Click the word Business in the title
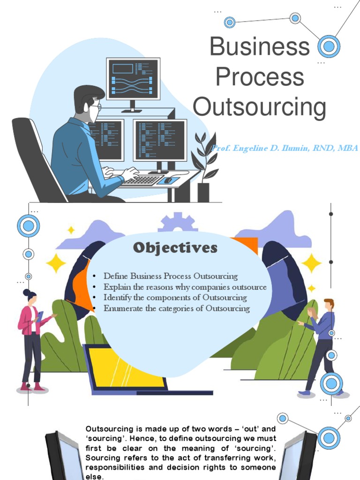(x=259, y=47)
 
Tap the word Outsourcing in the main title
(x=259, y=107)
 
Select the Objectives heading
(x=175, y=248)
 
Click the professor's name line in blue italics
(x=285, y=149)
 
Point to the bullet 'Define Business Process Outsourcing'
(x=171, y=276)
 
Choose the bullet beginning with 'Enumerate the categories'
(x=177, y=308)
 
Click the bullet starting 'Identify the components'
(x=175, y=298)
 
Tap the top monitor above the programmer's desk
(x=133, y=79)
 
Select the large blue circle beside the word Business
(x=329, y=46)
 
